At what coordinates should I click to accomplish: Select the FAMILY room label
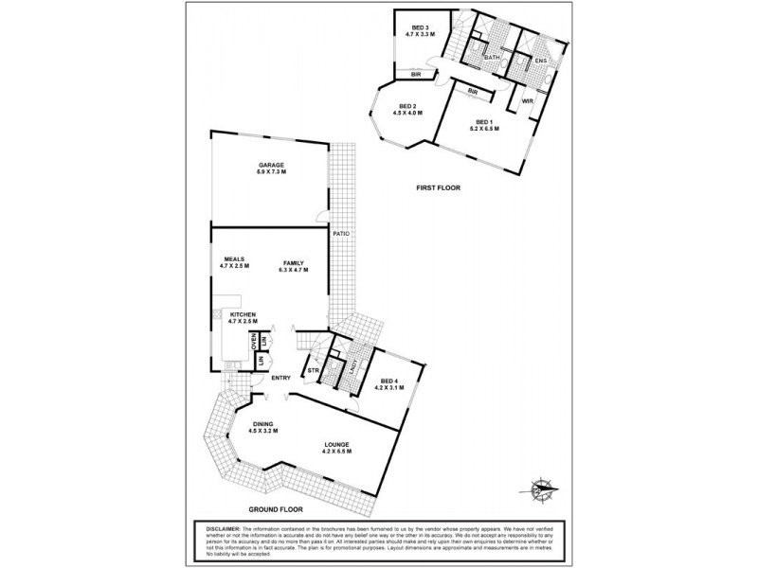(x=294, y=264)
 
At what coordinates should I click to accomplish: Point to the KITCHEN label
(x=237, y=314)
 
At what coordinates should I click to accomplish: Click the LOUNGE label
(x=336, y=445)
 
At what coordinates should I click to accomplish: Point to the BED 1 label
(x=484, y=122)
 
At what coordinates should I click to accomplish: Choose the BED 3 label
(x=413, y=27)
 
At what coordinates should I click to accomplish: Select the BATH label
(x=492, y=57)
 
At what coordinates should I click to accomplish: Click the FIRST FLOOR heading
(x=438, y=188)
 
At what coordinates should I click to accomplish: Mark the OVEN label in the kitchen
(x=255, y=343)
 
